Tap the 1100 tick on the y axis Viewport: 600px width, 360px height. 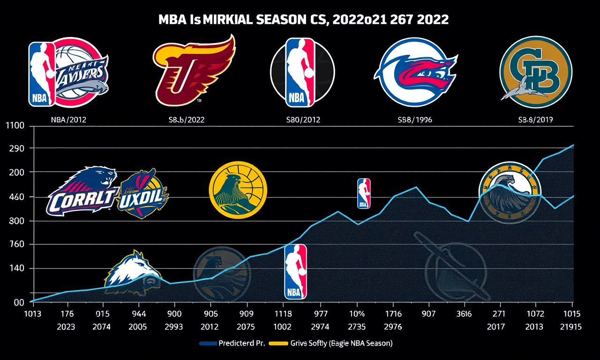pos(14,126)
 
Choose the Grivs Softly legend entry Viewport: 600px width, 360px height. pos(333,343)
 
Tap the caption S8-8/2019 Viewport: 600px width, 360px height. pos(535,120)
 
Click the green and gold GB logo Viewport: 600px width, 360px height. pos(535,72)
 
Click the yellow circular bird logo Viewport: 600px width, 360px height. pos(238,189)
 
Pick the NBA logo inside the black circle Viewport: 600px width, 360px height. pos(302,71)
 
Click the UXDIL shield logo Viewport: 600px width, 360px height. pos(143,194)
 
